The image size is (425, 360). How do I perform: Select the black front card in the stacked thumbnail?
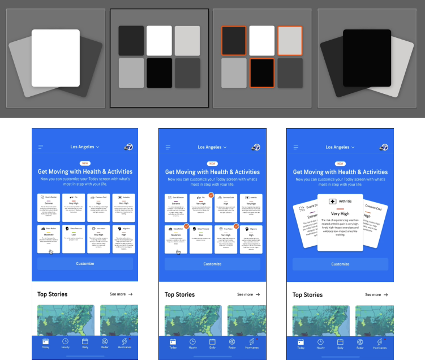[x=367, y=58]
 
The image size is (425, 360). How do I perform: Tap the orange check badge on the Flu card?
[x=211, y=195]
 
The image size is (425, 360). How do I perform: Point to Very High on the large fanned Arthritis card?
[x=340, y=215]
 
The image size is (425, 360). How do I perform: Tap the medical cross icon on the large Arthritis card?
[x=333, y=202]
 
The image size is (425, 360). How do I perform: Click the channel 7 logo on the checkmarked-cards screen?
[x=256, y=147]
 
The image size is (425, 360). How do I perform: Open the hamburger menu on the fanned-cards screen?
[x=296, y=147]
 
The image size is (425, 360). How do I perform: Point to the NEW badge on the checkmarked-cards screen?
[x=212, y=163]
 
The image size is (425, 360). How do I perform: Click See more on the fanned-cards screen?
[x=376, y=294]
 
